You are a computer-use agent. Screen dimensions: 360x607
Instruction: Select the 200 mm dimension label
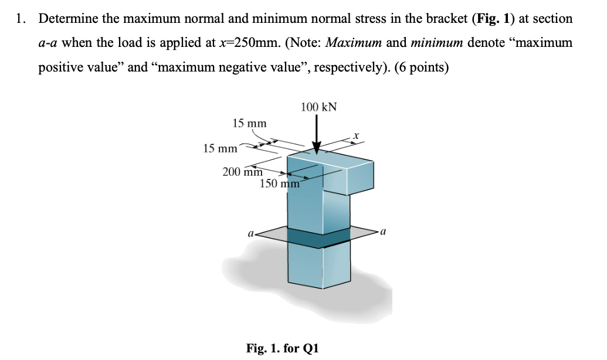(x=242, y=172)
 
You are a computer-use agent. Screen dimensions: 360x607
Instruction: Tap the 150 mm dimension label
(x=280, y=184)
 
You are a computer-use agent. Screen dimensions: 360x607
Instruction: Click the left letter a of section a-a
(x=251, y=233)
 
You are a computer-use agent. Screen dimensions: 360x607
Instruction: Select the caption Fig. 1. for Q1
(x=283, y=348)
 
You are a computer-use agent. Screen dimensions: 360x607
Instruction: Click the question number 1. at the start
(x=21, y=19)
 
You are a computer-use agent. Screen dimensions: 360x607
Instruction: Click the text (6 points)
(x=422, y=67)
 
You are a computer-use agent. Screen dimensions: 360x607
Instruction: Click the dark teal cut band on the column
(x=320, y=237)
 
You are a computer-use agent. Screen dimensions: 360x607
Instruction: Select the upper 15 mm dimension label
(x=249, y=123)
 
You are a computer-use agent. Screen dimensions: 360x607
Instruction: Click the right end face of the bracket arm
(x=360, y=178)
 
